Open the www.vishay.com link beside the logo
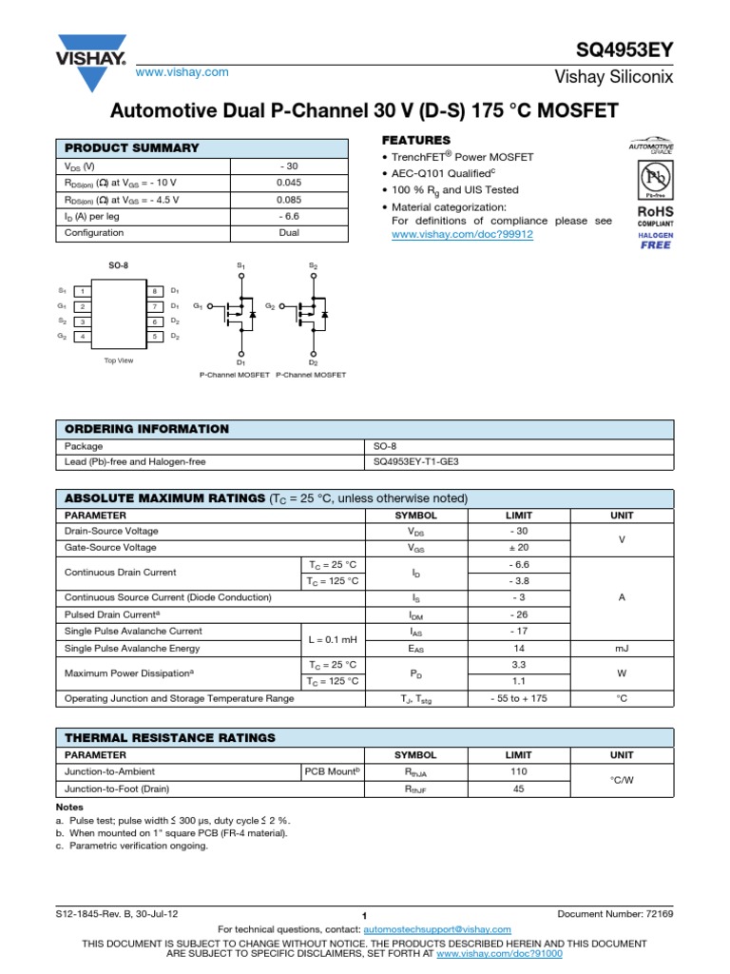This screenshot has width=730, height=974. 183,72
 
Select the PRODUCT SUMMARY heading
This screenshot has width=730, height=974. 131,147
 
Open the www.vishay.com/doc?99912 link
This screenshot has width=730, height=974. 463,233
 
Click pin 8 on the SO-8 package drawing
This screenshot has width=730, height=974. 154,290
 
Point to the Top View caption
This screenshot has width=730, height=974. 119,360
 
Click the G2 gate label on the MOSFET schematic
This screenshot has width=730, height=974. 271,306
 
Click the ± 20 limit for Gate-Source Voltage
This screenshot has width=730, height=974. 518,548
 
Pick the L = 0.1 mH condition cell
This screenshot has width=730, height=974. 331,639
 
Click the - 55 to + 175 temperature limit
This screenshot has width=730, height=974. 518,698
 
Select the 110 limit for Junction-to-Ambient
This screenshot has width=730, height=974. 518,771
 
